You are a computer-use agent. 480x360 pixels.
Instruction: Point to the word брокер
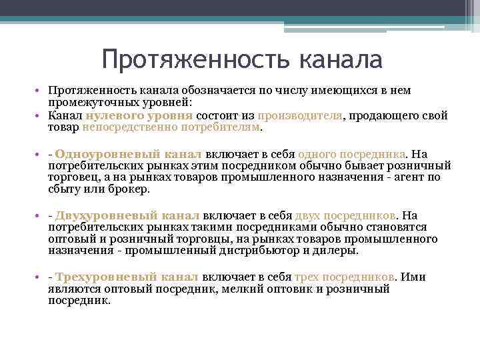point(131,189)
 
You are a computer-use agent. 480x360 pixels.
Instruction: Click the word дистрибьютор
point(256,251)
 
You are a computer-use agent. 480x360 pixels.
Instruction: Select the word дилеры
point(338,251)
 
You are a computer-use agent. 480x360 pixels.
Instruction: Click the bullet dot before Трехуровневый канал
point(41,277)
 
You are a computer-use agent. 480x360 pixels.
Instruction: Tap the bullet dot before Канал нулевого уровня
point(41,115)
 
